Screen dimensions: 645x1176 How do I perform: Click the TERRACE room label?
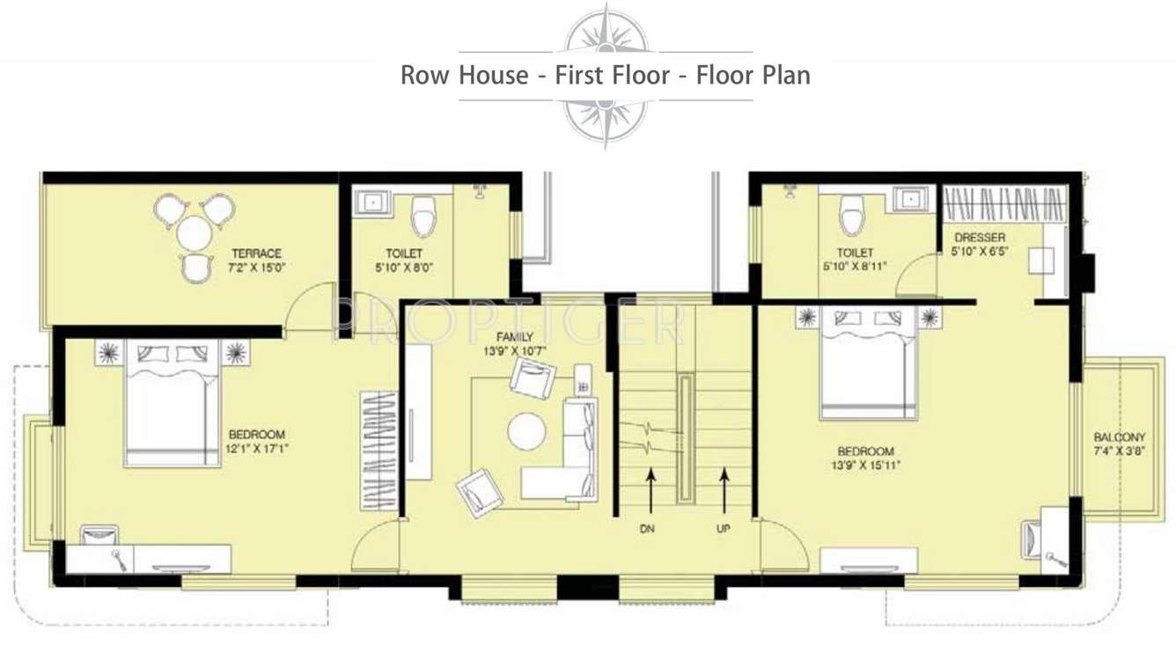tap(257, 253)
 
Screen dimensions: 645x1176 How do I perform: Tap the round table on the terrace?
tap(195, 234)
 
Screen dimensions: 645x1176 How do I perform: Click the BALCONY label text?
tap(1119, 437)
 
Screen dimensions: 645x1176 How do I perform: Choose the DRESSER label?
tap(978, 238)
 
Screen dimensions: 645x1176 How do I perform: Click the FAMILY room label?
tap(514, 337)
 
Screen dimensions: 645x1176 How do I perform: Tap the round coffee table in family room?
tap(526, 431)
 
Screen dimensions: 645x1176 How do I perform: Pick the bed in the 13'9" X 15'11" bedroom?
tap(867, 365)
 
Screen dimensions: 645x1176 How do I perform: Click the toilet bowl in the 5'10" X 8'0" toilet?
tap(424, 215)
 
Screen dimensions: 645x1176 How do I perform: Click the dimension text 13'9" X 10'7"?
tap(514, 350)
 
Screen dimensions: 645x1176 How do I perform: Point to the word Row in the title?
tap(424, 76)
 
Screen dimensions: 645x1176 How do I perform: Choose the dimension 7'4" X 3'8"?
tap(1119, 451)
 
